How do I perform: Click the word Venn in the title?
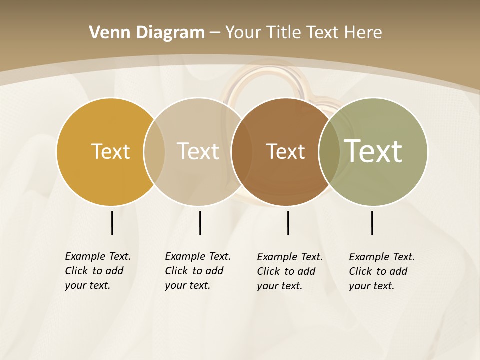(x=106, y=33)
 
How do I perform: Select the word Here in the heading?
(x=363, y=33)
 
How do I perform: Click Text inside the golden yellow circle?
(x=110, y=151)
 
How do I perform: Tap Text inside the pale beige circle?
(x=198, y=151)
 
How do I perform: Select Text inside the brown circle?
(x=285, y=151)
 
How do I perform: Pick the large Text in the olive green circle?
(x=373, y=151)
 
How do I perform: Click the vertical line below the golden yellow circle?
(x=112, y=223)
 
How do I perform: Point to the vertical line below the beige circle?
(x=200, y=223)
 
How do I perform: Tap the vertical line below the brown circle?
(x=288, y=223)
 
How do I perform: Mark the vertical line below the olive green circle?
(x=372, y=223)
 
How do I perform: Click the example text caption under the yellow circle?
(x=97, y=271)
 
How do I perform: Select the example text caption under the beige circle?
(x=197, y=271)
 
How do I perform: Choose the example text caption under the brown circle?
(x=289, y=271)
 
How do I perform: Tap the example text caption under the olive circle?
(x=381, y=271)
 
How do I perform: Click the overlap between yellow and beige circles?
(x=154, y=151)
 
